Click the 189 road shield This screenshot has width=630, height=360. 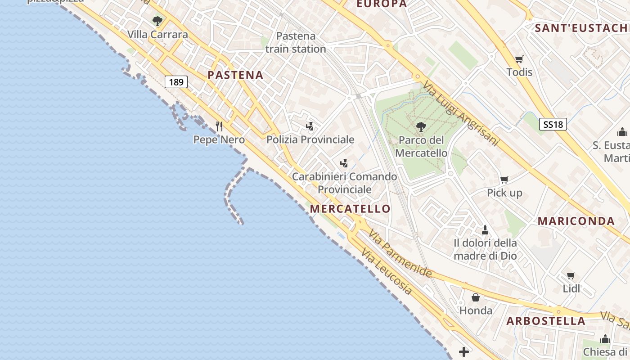pyautogui.click(x=176, y=82)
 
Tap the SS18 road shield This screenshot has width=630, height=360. pyautogui.click(x=553, y=124)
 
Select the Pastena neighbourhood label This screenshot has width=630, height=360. pyautogui.click(x=235, y=75)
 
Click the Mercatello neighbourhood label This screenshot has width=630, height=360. pyautogui.click(x=350, y=209)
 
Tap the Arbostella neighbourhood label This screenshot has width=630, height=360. pyautogui.click(x=546, y=321)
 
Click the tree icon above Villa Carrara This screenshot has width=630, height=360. pyautogui.click(x=157, y=21)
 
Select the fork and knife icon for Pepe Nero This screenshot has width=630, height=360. pyautogui.click(x=219, y=126)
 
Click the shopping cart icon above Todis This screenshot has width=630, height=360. pyautogui.click(x=519, y=59)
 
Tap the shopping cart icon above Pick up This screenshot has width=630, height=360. pyautogui.click(x=504, y=180)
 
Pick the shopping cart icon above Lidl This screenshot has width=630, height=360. pyautogui.click(x=571, y=275)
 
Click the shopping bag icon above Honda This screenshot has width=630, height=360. pyautogui.click(x=476, y=297)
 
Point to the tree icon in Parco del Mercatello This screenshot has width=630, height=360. pyautogui.click(x=421, y=126)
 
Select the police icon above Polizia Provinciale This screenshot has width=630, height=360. pyautogui.click(x=310, y=126)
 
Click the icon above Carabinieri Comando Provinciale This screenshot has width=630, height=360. pyautogui.click(x=344, y=163)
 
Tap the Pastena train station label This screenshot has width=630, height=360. pyautogui.click(x=296, y=42)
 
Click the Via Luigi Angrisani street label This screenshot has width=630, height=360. pyautogui.click(x=461, y=113)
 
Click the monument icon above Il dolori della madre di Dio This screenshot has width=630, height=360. pyautogui.click(x=485, y=230)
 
